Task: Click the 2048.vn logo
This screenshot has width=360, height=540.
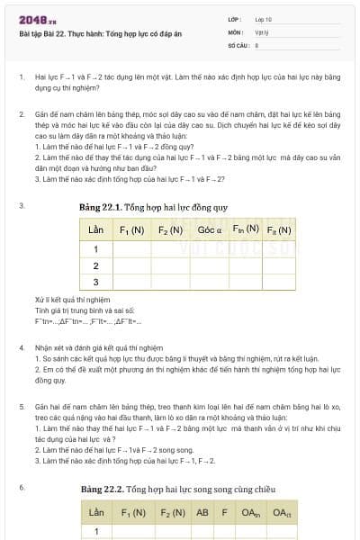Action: pyautogui.click(x=37, y=19)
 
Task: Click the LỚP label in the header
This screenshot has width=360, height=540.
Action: pyautogui.click(x=235, y=19)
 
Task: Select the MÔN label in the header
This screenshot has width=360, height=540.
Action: pyautogui.click(x=235, y=31)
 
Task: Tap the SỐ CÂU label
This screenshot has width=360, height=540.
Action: pyautogui.click(x=238, y=43)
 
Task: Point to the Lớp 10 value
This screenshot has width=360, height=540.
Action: pyautogui.click(x=263, y=19)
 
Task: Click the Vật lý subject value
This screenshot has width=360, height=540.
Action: pyautogui.click(x=262, y=31)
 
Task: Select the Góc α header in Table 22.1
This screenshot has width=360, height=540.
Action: pyautogui.click(x=210, y=229)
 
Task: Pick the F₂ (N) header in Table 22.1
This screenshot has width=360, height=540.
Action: pyautogui.click(x=170, y=230)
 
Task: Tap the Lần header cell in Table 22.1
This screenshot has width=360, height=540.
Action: pyautogui.click(x=95, y=230)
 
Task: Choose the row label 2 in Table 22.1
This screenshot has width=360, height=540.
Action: pyautogui.click(x=95, y=265)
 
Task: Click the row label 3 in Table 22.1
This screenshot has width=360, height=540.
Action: pyautogui.click(x=95, y=282)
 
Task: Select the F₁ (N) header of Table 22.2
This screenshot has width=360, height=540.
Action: pyautogui.click(x=133, y=513)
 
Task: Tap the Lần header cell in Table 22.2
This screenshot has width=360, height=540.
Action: pyautogui.click(x=95, y=513)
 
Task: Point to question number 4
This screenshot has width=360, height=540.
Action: pyautogui.click(x=22, y=346)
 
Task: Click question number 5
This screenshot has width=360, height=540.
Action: pyautogui.click(x=22, y=407)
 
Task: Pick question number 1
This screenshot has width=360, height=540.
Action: pyautogui.click(x=22, y=77)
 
